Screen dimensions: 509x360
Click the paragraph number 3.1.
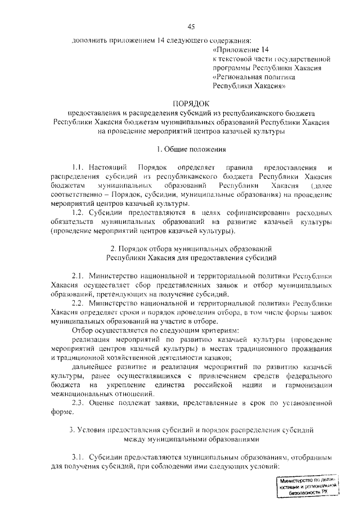point(78,457)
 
